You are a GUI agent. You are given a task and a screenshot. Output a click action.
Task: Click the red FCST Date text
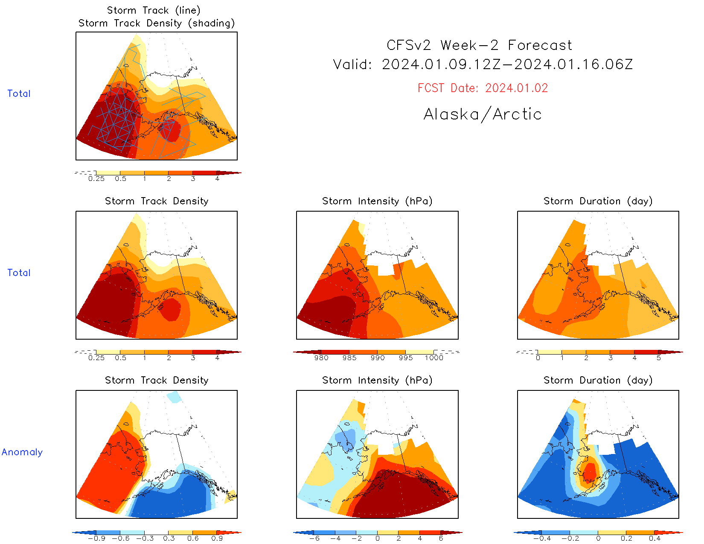(x=483, y=88)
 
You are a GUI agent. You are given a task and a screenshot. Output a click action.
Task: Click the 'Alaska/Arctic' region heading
(x=483, y=114)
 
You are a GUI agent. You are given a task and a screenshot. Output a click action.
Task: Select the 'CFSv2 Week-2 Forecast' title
(x=479, y=45)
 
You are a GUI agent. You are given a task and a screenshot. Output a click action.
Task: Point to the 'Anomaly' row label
(x=22, y=452)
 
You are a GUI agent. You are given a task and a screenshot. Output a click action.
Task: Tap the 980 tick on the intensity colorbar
(x=321, y=358)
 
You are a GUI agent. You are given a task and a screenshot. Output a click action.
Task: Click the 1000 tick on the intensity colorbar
(x=434, y=358)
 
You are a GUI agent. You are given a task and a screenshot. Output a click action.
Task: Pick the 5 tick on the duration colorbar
(x=659, y=358)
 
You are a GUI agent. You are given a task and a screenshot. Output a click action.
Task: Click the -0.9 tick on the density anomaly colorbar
(x=96, y=538)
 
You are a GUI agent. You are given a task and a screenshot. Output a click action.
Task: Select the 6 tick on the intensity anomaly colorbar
(x=441, y=538)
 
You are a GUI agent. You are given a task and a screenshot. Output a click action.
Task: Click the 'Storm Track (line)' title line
(x=154, y=10)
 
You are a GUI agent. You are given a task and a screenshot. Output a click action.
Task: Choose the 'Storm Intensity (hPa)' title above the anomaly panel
(x=377, y=380)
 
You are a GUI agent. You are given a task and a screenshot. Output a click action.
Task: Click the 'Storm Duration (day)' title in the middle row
(x=598, y=201)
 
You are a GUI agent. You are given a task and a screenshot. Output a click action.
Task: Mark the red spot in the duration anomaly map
(x=589, y=472)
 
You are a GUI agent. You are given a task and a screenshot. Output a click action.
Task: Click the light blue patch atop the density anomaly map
(x=174, y=397)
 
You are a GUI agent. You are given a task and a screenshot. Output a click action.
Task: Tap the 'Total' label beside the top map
(x=19, y=94)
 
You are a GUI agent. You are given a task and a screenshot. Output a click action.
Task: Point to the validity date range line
(x=483, y=65)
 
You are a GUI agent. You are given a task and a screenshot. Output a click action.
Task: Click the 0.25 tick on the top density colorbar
(x=96, y=178)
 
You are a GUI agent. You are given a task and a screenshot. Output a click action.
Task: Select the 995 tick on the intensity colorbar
(x=405, y=358)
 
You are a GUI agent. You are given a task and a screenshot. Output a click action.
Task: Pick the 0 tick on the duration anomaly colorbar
(x=598, y=538)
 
